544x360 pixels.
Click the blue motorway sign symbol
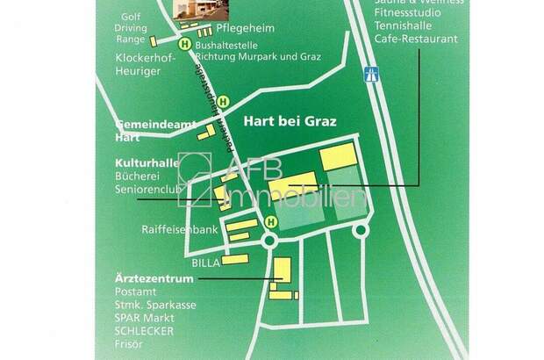coord(371,75)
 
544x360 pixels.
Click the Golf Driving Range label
coord(131,28)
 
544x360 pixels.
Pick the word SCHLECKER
coord(144,331)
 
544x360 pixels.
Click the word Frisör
coord(129,345)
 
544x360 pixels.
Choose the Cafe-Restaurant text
coord(415,40)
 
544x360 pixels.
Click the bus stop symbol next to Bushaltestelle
coord(184,43)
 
